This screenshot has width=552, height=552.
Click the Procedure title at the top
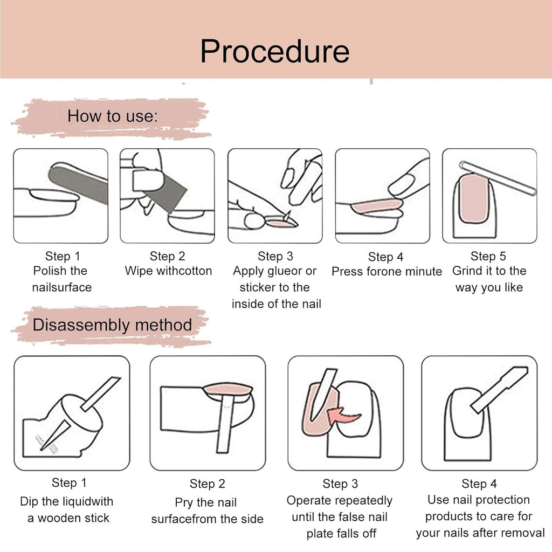[275, 52]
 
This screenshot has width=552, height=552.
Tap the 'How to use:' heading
[113, 116]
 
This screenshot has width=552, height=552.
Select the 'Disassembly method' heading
[112, 325]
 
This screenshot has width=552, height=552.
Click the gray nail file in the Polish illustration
[78, 183]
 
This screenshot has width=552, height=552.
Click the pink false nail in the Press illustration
[377, 205]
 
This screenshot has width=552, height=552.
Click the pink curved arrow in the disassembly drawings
[343, 416]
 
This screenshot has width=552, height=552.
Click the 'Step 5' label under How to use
[488, 256]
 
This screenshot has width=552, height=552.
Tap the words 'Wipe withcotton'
[168, 271]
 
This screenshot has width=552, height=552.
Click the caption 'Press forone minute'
[387, 272]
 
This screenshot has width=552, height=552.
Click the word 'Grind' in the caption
[467, 271]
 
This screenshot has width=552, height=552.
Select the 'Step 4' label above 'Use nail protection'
[479, 484]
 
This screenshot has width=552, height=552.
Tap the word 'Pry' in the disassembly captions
[184, 503]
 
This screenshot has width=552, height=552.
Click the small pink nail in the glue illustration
[279, 223]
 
